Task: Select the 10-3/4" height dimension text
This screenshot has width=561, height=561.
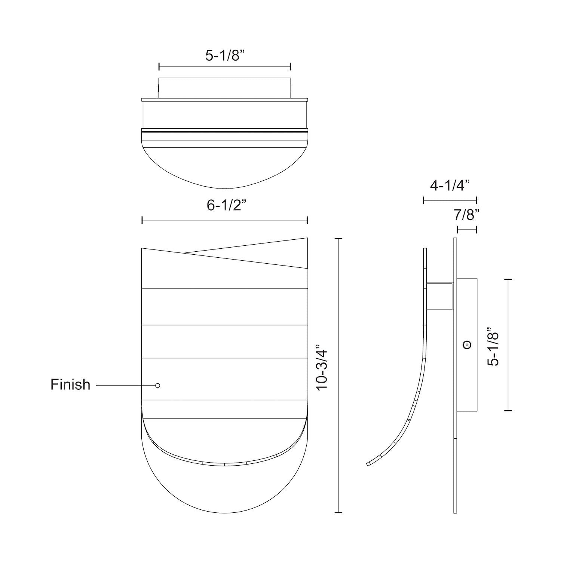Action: [322, 370]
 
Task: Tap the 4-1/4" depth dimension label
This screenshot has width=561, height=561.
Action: [450, 185]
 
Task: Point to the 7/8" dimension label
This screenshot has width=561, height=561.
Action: [466, 215]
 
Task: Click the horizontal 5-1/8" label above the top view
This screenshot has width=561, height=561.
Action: [224, 56]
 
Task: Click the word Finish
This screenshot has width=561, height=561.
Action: [70, 384]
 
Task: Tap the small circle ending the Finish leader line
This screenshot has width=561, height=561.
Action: [157, 385]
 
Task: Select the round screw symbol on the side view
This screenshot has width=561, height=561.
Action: [466, 345]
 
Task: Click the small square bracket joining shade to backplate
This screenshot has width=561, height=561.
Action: [440, 296]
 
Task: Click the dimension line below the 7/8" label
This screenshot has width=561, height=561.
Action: [467, 229]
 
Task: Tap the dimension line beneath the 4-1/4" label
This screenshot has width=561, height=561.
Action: [450, 200]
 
